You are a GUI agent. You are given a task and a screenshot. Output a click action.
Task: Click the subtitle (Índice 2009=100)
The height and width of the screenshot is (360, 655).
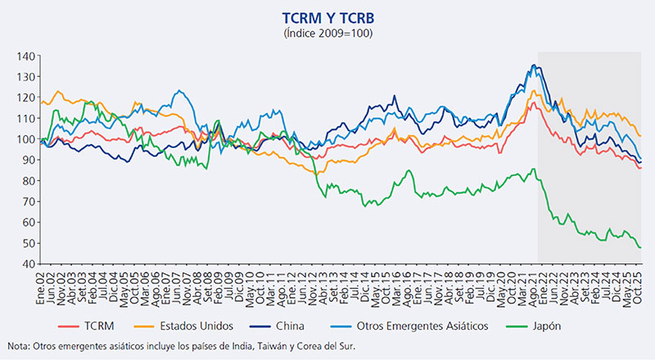coord(327,33)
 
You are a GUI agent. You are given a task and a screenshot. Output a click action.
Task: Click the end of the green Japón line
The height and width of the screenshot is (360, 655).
coord(639,247)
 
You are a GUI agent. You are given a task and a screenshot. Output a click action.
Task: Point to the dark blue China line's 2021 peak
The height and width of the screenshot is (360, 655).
coord(534,65)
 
